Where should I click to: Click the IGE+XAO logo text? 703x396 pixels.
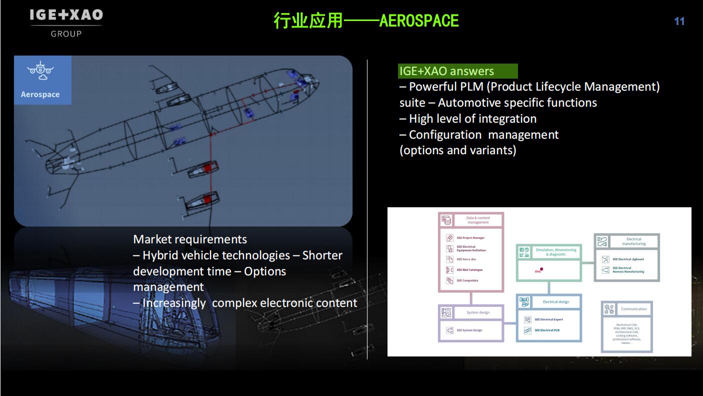pyautogui.click(x=66, y=15)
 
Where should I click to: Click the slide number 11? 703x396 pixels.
pyautogui.click(x=679, y=21)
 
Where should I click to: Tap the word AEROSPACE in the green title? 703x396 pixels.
pyautogui.click(x=419, y=21)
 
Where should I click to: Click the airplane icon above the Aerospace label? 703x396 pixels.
pyautogui.click(x=40, y=71)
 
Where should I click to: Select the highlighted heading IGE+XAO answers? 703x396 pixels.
pyautogui.click(x=446, y=71)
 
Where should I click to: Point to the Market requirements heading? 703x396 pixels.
pyautogui.click(x=190, y=239)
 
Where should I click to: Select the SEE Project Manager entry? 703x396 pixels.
pyautogui.click(x=470, y=238)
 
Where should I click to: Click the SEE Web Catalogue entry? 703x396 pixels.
pyautogui.click(x=469, y=270)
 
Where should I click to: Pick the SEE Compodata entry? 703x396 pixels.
pyautogui.click(x=467, y=280)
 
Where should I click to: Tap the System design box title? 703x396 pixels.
pyautogui.click(x=478, y=312)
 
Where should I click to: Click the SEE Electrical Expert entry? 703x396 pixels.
pyautogui.click(x=548, y=319)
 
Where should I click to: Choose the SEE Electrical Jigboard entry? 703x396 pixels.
pyautogui.click(x=628, y=259)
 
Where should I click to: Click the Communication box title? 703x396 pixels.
pyautogui.click(x=633, y=309)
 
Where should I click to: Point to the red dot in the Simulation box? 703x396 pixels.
pyautogui.click(x=541, y=269)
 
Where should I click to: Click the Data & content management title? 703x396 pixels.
pyautogui.click(x=478, y=220)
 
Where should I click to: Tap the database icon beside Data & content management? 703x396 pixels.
pyautogui.click(x=446, y=220)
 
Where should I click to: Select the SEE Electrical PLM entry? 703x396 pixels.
pyautogui.click(x=547, y=330)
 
